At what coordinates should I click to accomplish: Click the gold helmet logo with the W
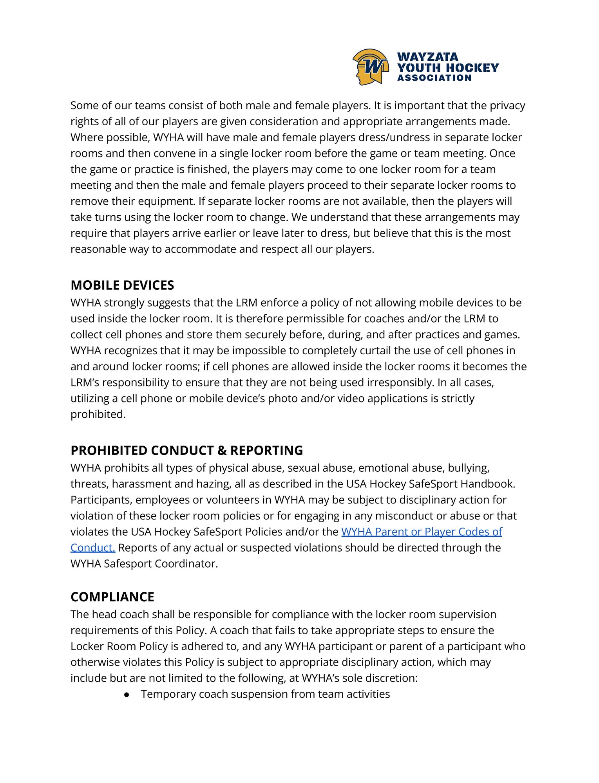370,67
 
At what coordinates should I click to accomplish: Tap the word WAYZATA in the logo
427,57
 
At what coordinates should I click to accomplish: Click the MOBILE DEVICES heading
122,285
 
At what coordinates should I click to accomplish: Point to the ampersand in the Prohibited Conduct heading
222,450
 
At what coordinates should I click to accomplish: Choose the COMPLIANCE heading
112,597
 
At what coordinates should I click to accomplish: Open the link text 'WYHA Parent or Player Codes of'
422,532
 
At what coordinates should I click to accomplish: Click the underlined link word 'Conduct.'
93,548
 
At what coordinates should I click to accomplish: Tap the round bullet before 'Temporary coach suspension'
127,694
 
